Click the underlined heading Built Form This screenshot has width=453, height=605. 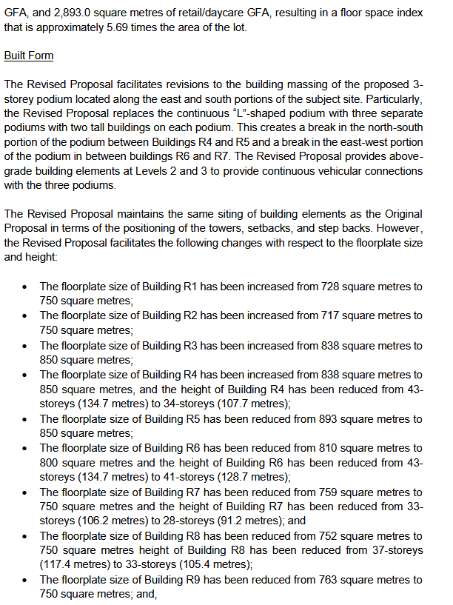pyautogui.click(x=28, y=56)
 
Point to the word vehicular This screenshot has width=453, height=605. pyautogui.click(x=302, y=171)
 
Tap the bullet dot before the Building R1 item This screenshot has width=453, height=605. pyautogui.click(x=26, y=287)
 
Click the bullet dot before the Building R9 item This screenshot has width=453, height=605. pyautogui.click(x=26, y=581)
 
